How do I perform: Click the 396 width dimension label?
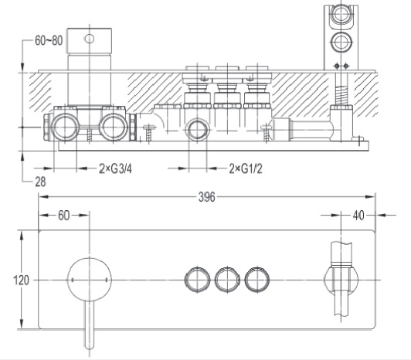[x=206, y=197]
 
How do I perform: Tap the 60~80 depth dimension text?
[x=49, y=40]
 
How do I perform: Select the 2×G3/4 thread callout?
[x=115, y=168]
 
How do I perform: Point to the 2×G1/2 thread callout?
[x=246, y=168]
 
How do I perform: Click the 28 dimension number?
[x=40, y=182]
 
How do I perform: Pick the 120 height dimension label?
[x=21, y=280]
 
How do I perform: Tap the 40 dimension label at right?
[x=358, y=216]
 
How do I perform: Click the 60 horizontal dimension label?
[x=63, y=216]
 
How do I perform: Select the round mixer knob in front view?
[x=90, y=280]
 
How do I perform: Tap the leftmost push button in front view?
[x=197, y=280]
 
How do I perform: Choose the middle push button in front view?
[x=227, y=280]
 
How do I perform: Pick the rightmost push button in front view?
[x=257, y=280]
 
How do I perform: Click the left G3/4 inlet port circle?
[x=65, y=127]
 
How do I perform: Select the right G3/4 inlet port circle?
[x=114, y=127]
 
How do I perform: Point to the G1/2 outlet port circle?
[x=197, y=129]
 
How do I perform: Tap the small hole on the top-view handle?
[x=90, y=39]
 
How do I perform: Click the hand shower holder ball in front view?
[x=341, y=280]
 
